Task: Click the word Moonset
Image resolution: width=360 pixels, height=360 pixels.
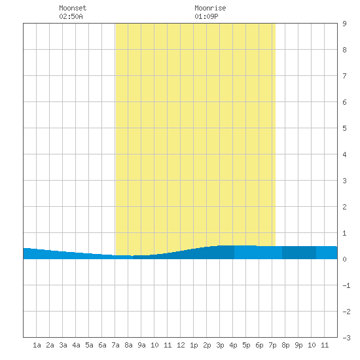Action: tap(73, 8)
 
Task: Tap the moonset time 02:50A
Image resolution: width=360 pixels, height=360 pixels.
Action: tap(71, 16)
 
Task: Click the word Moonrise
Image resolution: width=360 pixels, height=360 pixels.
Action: tap(210, 8)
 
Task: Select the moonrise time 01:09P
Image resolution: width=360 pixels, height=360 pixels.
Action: tap(206, 16)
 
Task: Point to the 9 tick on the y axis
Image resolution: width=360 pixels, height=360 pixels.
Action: tap(344, 24)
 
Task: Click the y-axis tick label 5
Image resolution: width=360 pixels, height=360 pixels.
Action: tap(344, 128)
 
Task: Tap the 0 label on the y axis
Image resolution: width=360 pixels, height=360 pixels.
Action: tap(344, 259)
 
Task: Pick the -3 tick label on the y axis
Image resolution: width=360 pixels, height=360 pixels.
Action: tap(346, 338)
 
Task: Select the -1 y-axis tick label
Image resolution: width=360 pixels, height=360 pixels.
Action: tap(346, 285)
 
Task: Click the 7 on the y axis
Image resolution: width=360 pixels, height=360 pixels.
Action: tap(344, 76)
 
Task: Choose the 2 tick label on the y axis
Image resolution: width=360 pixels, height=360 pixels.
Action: tap(344, 207)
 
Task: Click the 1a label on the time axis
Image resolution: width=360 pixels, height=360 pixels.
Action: tap(37, 345)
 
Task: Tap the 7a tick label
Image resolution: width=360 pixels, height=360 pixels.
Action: tap(115, 345)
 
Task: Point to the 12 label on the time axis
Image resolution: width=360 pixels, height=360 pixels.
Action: tap(181, 345)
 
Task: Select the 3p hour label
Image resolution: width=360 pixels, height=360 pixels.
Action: tap(220, 345)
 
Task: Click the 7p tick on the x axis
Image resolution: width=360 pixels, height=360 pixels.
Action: tap(272, 345)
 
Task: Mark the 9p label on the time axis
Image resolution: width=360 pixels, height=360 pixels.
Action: tap(298, 345)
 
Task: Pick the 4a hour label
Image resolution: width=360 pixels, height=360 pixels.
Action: tap(76, 345)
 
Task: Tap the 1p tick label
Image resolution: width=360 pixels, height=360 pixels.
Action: tap(194, 345)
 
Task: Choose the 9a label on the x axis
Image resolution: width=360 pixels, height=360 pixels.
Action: tap(141, 345)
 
